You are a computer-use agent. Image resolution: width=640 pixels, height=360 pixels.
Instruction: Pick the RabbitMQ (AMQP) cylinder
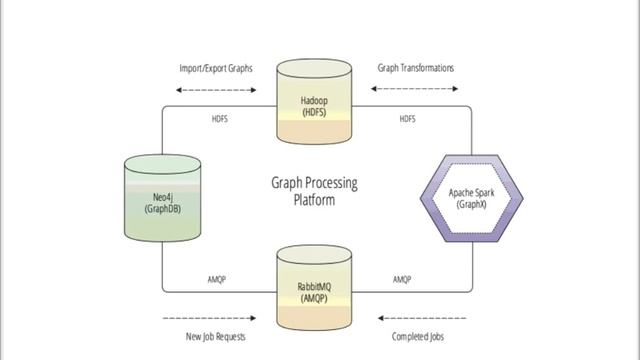[x=314, y=290]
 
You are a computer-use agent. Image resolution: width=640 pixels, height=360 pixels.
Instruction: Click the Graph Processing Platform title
[x=314, y=191]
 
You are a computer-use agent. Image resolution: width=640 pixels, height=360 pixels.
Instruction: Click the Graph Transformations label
[x=415, y=68]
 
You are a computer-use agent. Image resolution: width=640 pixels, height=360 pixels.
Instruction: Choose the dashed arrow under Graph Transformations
[x=415, y=90]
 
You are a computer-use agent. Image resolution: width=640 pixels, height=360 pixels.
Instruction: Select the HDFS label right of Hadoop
[x=407, y=119]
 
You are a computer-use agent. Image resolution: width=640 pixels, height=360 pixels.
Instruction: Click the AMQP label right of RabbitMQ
[x=402, y=279]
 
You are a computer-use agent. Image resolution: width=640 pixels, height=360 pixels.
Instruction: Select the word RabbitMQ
[x=314, y=286]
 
